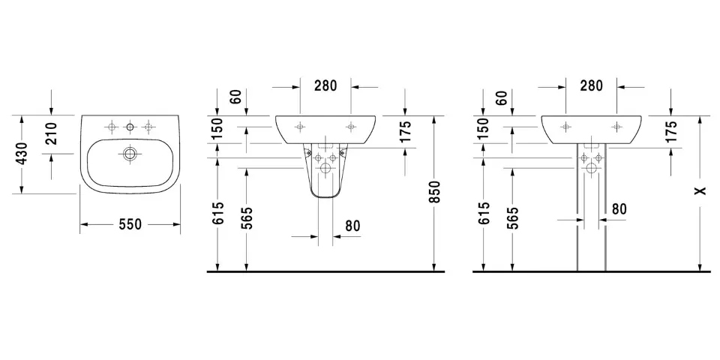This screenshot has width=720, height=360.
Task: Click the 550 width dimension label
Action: coord(130,224)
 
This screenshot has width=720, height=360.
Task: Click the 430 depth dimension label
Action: coord(21,154)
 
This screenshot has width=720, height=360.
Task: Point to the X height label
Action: coord(700,191)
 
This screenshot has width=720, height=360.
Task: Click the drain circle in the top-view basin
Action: coord(130,154)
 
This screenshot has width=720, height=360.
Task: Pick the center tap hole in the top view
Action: coord(130,126)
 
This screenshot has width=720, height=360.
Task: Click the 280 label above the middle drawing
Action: coord(325,85)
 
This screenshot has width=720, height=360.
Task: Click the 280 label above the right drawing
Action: coord(591,85)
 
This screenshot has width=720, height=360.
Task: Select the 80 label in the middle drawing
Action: coord(352,226)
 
